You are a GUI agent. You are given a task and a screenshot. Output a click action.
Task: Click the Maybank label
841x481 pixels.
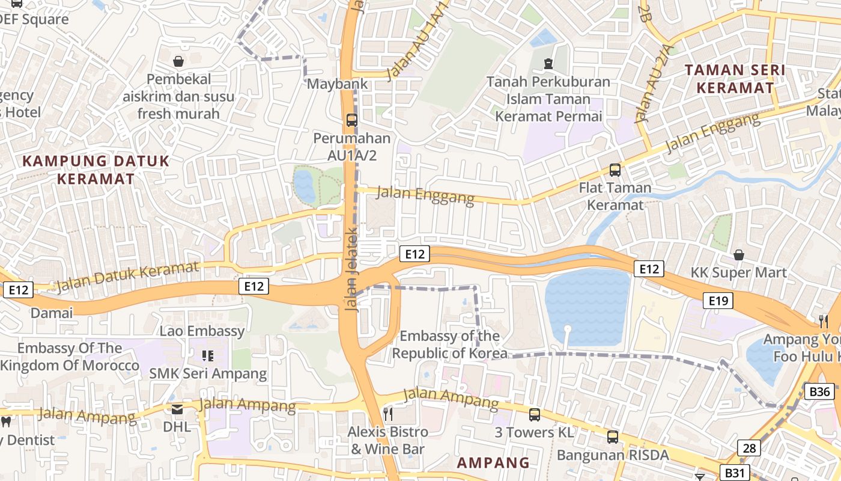pos(337,84)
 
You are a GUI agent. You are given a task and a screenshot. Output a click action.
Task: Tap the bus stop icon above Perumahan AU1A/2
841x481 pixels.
pos(351,120)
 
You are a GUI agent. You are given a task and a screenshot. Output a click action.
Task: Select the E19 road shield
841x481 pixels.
pos(718,301)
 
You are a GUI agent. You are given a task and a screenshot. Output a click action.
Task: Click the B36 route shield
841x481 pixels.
pos(819,392)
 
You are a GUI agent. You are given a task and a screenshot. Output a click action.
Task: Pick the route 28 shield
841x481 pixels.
pos(749,448)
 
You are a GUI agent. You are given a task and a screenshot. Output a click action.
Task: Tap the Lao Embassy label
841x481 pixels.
pos(202,331)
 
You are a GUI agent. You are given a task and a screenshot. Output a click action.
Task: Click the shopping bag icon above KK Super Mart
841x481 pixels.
pos(739,255)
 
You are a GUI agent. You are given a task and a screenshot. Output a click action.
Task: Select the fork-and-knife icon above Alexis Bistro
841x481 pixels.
pos(388,414)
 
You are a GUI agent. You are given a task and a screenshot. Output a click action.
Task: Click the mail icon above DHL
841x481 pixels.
pos(177,409)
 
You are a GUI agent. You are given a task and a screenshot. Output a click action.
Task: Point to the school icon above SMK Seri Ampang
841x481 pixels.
pos(208,356)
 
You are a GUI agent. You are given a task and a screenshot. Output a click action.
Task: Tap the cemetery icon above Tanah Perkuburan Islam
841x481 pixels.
pos(548,63)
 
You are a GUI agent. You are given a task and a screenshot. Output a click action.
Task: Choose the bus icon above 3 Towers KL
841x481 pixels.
pos(535,414)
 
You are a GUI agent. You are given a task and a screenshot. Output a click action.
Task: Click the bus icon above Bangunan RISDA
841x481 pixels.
pos(612,437)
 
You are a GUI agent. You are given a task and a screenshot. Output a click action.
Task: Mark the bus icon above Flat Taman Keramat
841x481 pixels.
pos(615,170)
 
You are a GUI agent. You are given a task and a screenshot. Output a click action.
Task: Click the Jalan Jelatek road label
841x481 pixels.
pos(352,269)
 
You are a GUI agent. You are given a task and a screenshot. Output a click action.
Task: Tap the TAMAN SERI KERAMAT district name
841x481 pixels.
pos(735,79)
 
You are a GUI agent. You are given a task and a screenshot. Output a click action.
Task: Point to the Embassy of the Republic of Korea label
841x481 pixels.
pos(450,345)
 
